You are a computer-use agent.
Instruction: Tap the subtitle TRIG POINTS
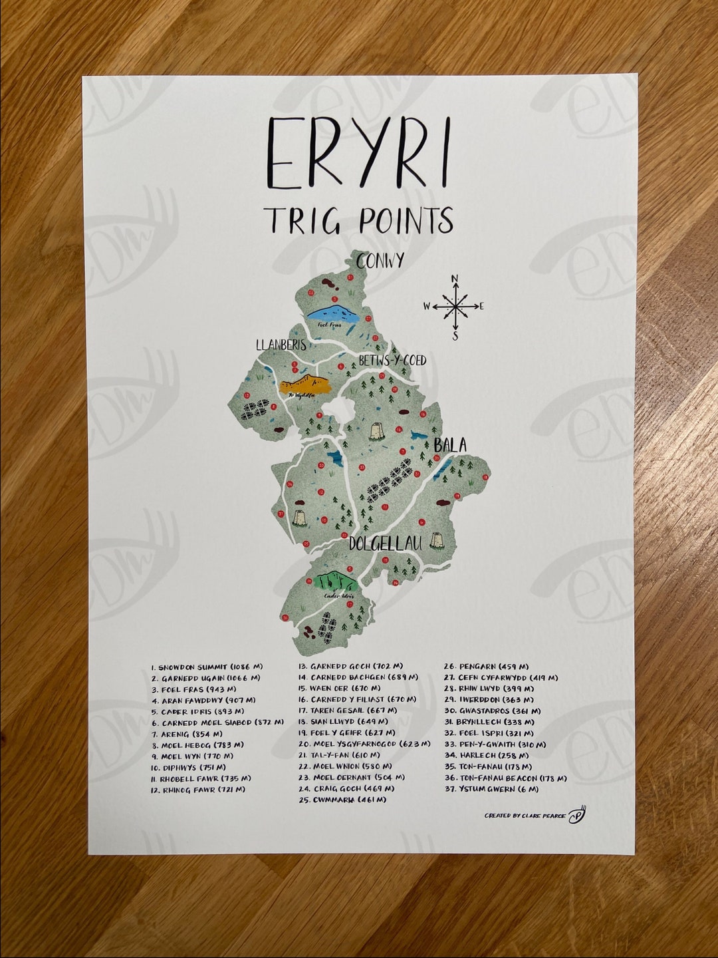[x=358, y=220]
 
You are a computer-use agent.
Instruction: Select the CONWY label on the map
[x=380, y=261]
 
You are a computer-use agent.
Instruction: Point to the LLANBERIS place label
[x=281, y=345]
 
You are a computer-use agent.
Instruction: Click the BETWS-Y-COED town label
[x=392, y=361]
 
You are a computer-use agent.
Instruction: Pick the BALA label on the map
[x=450, y=445]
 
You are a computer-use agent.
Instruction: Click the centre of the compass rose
[x=455, y=306]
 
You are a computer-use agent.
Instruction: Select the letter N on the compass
[x=455, y=279]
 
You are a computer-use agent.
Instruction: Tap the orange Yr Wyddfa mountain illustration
[x=305, y=386]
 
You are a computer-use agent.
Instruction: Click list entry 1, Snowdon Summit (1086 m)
[x=198, y=667]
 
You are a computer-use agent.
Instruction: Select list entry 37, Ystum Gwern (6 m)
[x=491, y=789]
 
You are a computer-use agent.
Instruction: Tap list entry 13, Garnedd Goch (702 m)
[x=350, y=666]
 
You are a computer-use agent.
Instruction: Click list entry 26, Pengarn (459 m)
[x=486, y=667]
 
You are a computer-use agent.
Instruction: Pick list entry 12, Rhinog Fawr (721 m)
[x=197, y=790]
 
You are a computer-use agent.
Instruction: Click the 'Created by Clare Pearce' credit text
[x=525, y=816]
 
